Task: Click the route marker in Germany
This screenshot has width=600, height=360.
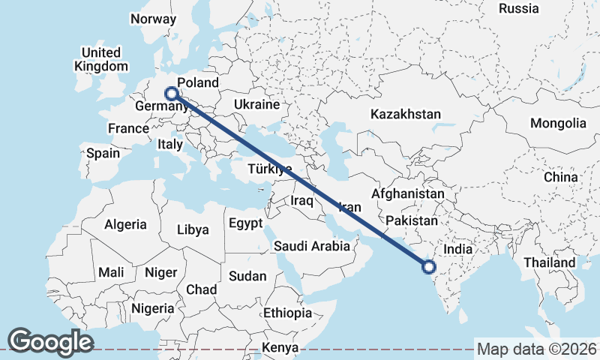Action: (172, 94)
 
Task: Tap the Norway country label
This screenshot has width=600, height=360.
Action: (153, 19)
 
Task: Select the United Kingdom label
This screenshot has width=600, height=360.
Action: (100, 59)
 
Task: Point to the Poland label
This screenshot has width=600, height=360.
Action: (199, 82)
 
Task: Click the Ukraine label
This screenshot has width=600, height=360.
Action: (256, 104)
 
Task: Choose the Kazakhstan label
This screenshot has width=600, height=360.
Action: (406, 114)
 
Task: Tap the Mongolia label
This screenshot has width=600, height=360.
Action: (558, 123)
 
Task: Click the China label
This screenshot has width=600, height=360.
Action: (561, 177)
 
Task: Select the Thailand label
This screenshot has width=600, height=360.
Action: (550, 262)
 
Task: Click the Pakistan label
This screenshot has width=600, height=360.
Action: (412, 220)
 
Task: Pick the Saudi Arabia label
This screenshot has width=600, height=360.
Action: (312, 245)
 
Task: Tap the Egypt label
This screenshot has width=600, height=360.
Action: (245, 223)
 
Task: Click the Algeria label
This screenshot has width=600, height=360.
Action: (125, 224)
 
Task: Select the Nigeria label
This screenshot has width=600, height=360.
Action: (152, 307)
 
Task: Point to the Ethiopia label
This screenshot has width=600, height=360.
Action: (287, 313)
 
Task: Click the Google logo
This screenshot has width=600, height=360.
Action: (50, 341)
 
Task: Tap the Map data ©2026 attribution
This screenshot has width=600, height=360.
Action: (536, 349)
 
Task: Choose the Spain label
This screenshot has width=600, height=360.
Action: (103, 153)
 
